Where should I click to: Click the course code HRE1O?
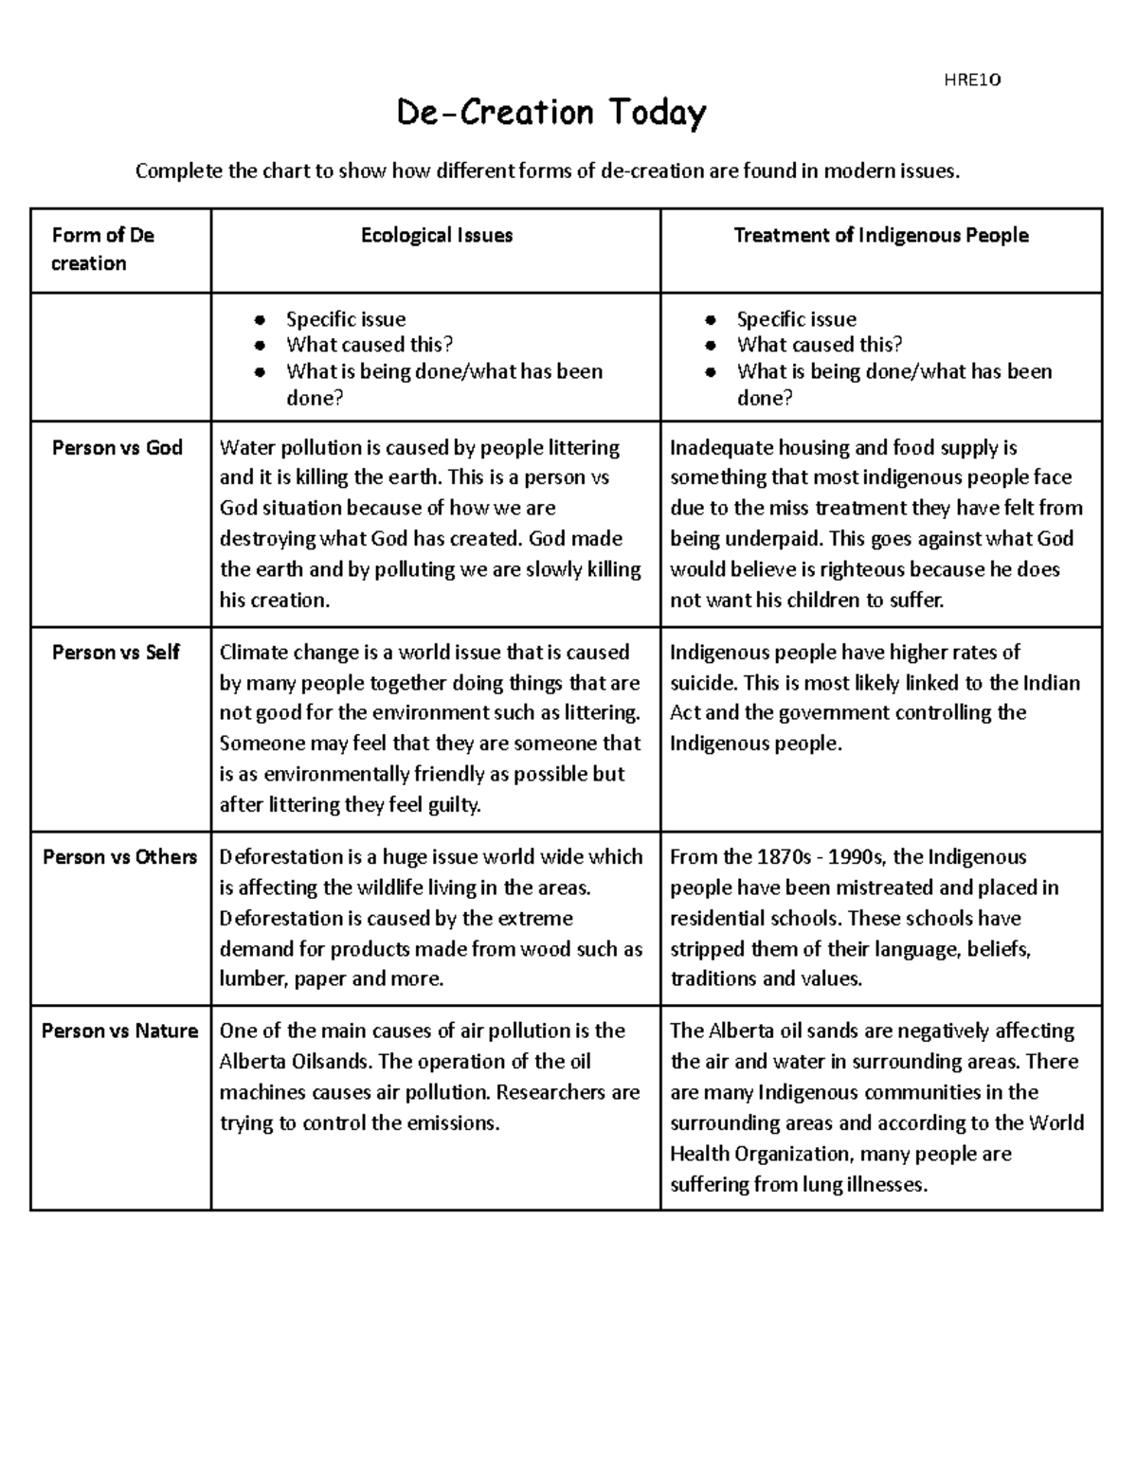tap(972, 81)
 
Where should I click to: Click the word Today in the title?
tap(657, 114)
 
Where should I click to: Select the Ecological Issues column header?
tap(436, 236)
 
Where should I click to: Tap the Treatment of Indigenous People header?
tap(881, 236)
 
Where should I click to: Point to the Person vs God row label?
tap(117, 448)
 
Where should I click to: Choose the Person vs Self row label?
tap(116, 653)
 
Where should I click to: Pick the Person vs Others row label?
tap(120, 857)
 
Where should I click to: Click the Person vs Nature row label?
tap(120, 1031)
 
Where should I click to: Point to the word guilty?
tap(453, 805)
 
